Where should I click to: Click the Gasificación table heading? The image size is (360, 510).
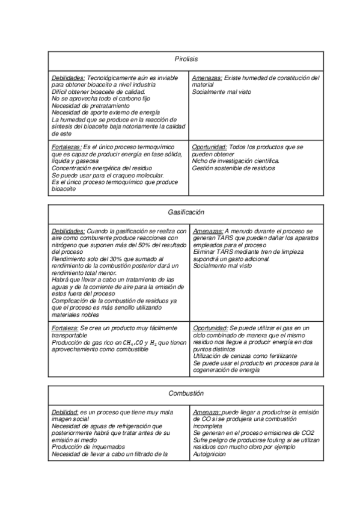click(x=186, y=212)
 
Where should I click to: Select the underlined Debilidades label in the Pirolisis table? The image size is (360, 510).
click(x=68, y=78)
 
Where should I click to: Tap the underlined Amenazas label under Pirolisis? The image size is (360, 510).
click(x=207, y=78)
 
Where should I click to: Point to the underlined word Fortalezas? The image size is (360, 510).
click(x=66, y=147)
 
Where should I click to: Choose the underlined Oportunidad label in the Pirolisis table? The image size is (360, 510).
click(x=209, y=147)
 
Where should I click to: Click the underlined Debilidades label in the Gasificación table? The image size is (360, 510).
click(x=68, y=231)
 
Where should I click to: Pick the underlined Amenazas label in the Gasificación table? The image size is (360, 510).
click(x=207, y=231)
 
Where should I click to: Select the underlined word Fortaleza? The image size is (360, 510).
click(x=65, y=328)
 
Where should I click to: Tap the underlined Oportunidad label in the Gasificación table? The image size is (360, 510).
click(x=210, y=328)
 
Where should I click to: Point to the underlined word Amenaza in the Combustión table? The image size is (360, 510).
click(x=207, y=412)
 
